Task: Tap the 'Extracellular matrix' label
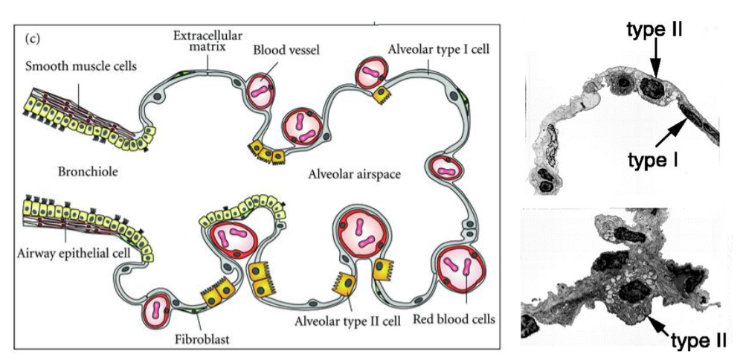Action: (208, 41)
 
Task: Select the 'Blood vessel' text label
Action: (286, 50)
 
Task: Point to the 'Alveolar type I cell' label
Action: (438, 49)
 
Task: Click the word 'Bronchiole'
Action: (88, 171)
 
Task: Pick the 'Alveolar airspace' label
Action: (355, 175)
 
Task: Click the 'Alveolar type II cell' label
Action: (347, 321)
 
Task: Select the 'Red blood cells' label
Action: (454, 319)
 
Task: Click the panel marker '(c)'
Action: (31, 39)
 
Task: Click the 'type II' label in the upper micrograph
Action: (654, 30)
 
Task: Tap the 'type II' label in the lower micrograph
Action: (698, 340)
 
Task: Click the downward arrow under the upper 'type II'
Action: (656, 58)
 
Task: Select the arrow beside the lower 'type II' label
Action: (660, 326)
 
